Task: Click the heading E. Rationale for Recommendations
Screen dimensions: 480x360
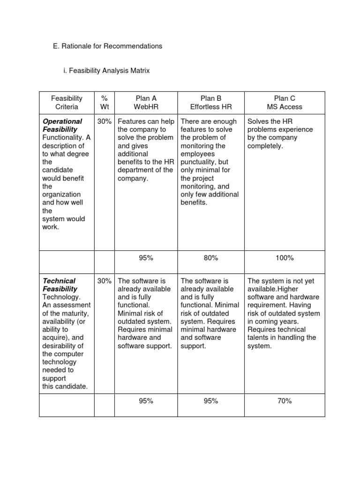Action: (108, 46)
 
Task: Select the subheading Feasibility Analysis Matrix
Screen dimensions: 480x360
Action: (109, 71)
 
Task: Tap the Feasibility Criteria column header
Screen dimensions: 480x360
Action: (67, 103)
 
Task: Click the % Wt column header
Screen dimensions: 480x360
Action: (104, 103)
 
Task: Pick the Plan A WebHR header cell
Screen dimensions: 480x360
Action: (146, 103)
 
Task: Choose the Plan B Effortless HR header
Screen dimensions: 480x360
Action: (211, 103)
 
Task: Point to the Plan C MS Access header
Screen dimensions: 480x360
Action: (285, 103)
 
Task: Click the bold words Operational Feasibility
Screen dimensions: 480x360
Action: (62, 125)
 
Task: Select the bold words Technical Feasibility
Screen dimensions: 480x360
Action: (60, 285)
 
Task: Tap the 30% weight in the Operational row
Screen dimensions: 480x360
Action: (104, 121)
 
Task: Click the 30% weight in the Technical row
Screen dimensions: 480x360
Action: (104, 281)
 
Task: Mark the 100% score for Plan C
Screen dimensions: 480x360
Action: (285, 258)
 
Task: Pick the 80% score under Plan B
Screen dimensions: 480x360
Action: (211, 258)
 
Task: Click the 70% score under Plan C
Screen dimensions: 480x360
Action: (285, 401)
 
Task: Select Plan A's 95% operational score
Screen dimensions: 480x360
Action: (146, 258)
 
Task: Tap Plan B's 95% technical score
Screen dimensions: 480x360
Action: (211, 401)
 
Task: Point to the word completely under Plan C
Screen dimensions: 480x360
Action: (265, 146)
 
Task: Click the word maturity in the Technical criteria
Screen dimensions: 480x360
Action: (75, 313)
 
